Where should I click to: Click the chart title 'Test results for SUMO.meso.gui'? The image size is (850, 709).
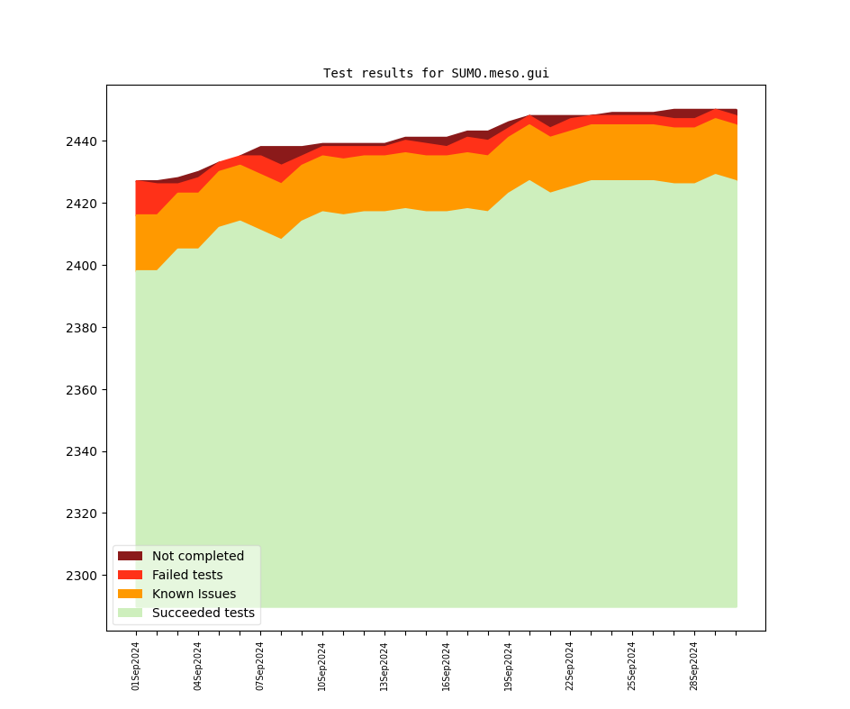pyautogui.click(x=436, y=74)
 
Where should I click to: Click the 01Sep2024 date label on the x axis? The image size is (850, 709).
pyautogui.click(x=136, y=666)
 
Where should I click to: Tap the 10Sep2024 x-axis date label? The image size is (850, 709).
pyautogui.click(x=322, y=666)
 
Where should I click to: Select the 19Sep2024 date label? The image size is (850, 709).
pyautogui.click(x=509, y=666)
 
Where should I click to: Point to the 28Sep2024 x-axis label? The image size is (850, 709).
pyautogui.click(x=694, y=666)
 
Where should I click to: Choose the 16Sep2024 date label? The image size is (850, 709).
pyautogui.click(x=447, y=666)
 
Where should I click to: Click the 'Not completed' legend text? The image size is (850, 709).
pyautogui.click(x=198, y=557)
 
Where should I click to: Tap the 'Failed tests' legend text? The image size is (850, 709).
pyautogui.click(x=187, y=576)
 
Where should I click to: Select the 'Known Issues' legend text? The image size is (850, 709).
pyautogui.click(x=194, y=595)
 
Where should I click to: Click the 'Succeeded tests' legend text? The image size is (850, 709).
pyautogui.click(x=203, y=614)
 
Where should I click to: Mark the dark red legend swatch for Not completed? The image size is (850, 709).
pyautogui.click(x=130, y=557)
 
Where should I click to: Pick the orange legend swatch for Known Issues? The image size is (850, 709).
pyautogui.click(x=130, y=595)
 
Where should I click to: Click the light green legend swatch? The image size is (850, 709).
pyautogui.click(x=130, y=614)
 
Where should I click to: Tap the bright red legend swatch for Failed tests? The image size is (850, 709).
pyautogui.click(x=130, y=576)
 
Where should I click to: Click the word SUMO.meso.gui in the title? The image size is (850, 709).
pyautogui.click(x=500, y=74)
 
